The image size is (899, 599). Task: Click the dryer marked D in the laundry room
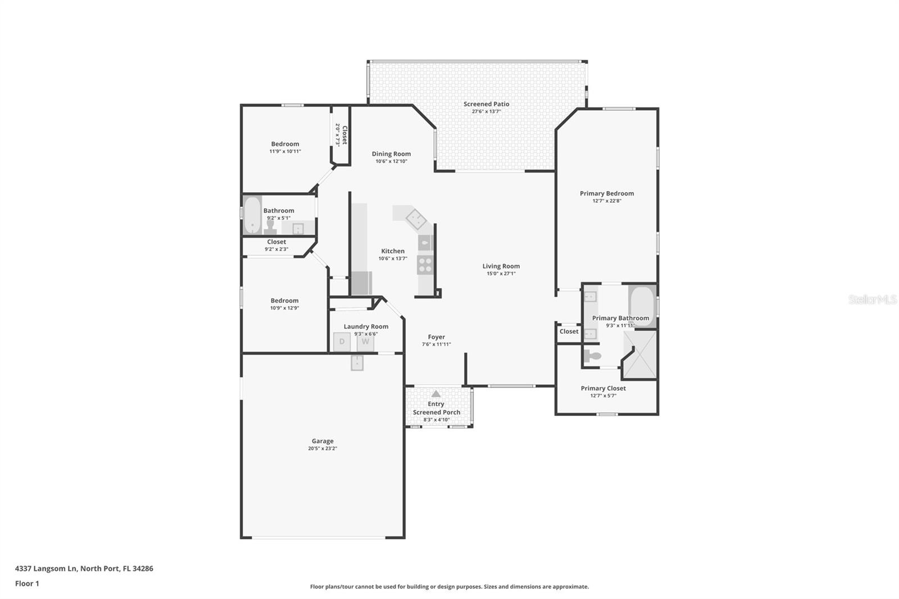tap(342, 342)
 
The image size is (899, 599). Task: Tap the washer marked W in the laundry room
tap(365, 342)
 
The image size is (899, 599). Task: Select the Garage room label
tap(323, 441)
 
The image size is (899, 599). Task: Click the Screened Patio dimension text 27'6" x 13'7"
tap(486, 111)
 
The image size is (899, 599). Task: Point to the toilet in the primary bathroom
tap(593, 356)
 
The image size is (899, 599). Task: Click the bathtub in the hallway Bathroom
tap(252, 215)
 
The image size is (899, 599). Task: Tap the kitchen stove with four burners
tap(425, 265)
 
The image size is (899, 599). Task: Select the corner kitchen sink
tap(416, 219)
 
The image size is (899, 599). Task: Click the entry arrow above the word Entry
tap(436, 394)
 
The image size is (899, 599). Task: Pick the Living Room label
tap(501, 266)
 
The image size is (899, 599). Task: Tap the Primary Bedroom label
tap(607, 193)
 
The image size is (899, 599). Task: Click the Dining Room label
tap(391, 154)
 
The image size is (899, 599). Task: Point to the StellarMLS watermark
tap(872, 299)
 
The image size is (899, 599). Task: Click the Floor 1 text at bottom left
tap(27, 583)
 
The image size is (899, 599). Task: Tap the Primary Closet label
tap(603, 388)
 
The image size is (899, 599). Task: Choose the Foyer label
tap(436, 337)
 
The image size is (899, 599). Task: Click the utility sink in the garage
tap(357, 363)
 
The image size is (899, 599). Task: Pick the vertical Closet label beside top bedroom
tap(344, 135)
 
